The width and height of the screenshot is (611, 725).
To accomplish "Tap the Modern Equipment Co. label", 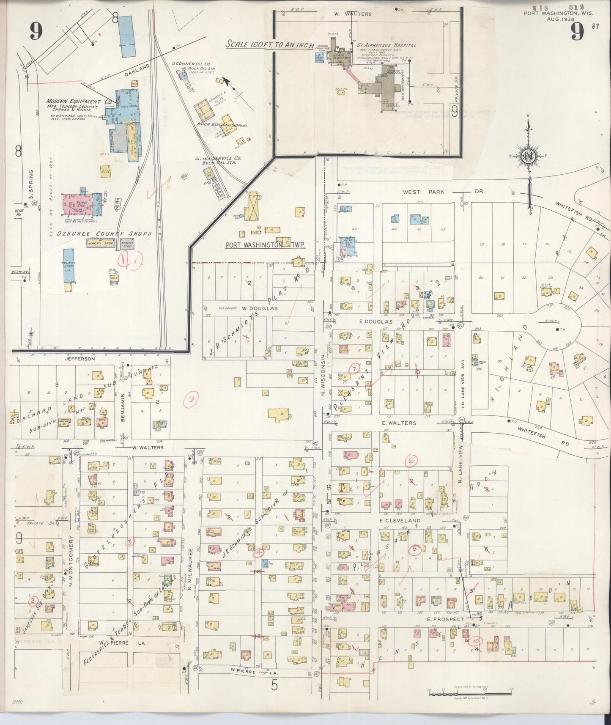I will [x=79, y=102].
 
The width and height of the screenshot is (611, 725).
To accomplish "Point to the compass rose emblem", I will [x=529, y=156].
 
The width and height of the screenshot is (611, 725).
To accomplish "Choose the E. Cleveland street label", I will [x=400, y=521].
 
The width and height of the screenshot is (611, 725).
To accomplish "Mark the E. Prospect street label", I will [x=440, y=619].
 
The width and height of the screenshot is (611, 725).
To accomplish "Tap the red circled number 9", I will [x=192, y=399].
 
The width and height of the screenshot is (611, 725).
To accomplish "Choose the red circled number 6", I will [x=411, y=461].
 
